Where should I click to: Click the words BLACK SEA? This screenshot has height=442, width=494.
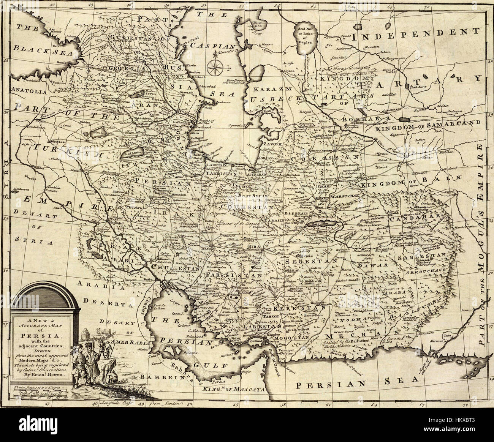tap(43, 53)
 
